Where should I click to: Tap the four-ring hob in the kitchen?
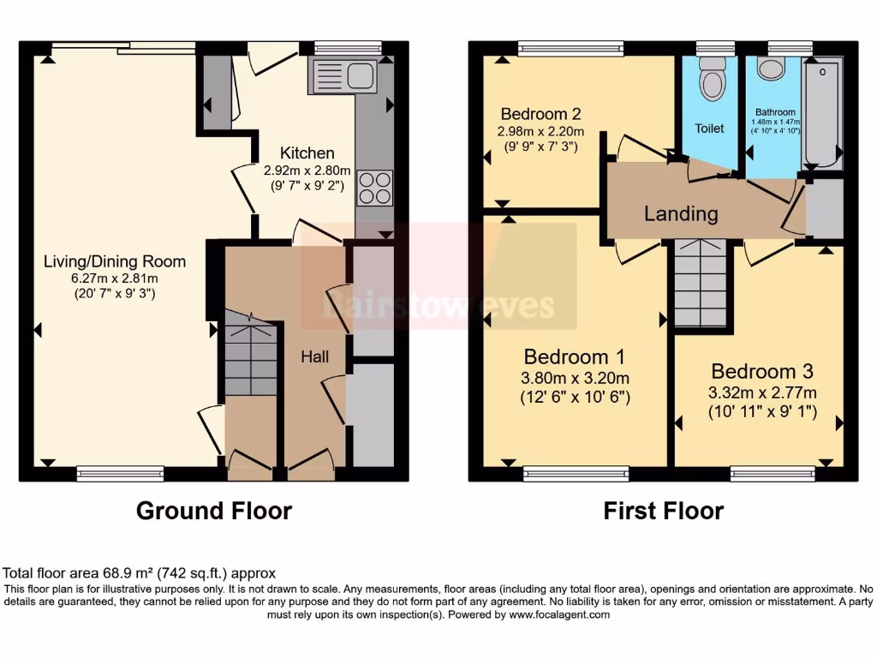[374, 187]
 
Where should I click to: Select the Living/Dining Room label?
[114, 261]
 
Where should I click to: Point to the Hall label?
[314, 356]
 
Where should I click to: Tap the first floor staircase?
[701, 283]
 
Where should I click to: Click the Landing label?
[681, 213]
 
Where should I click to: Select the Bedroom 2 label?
[541, 114]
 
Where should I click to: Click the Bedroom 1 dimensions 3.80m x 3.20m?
[576, 378]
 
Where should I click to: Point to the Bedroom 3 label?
[761, 372]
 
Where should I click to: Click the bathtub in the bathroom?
[823, 112]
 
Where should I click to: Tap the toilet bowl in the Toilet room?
[711, 81]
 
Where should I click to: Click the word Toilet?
[709, 129]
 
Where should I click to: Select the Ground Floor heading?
[214, 511]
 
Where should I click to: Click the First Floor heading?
[663, 511]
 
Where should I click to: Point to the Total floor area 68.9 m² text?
[140, 573]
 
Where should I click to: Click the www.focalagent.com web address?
[559, 614]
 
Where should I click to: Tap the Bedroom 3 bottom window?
[773, 474]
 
